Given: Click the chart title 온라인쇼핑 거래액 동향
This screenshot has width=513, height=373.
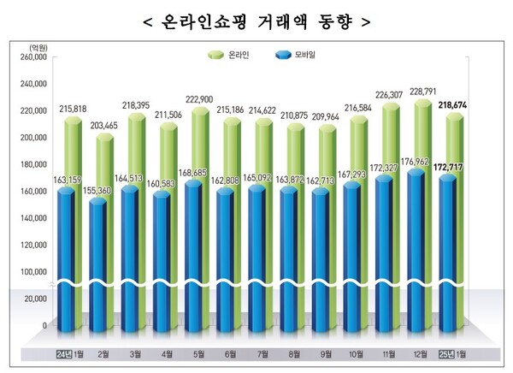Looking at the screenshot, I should click(x=256, y=21).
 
